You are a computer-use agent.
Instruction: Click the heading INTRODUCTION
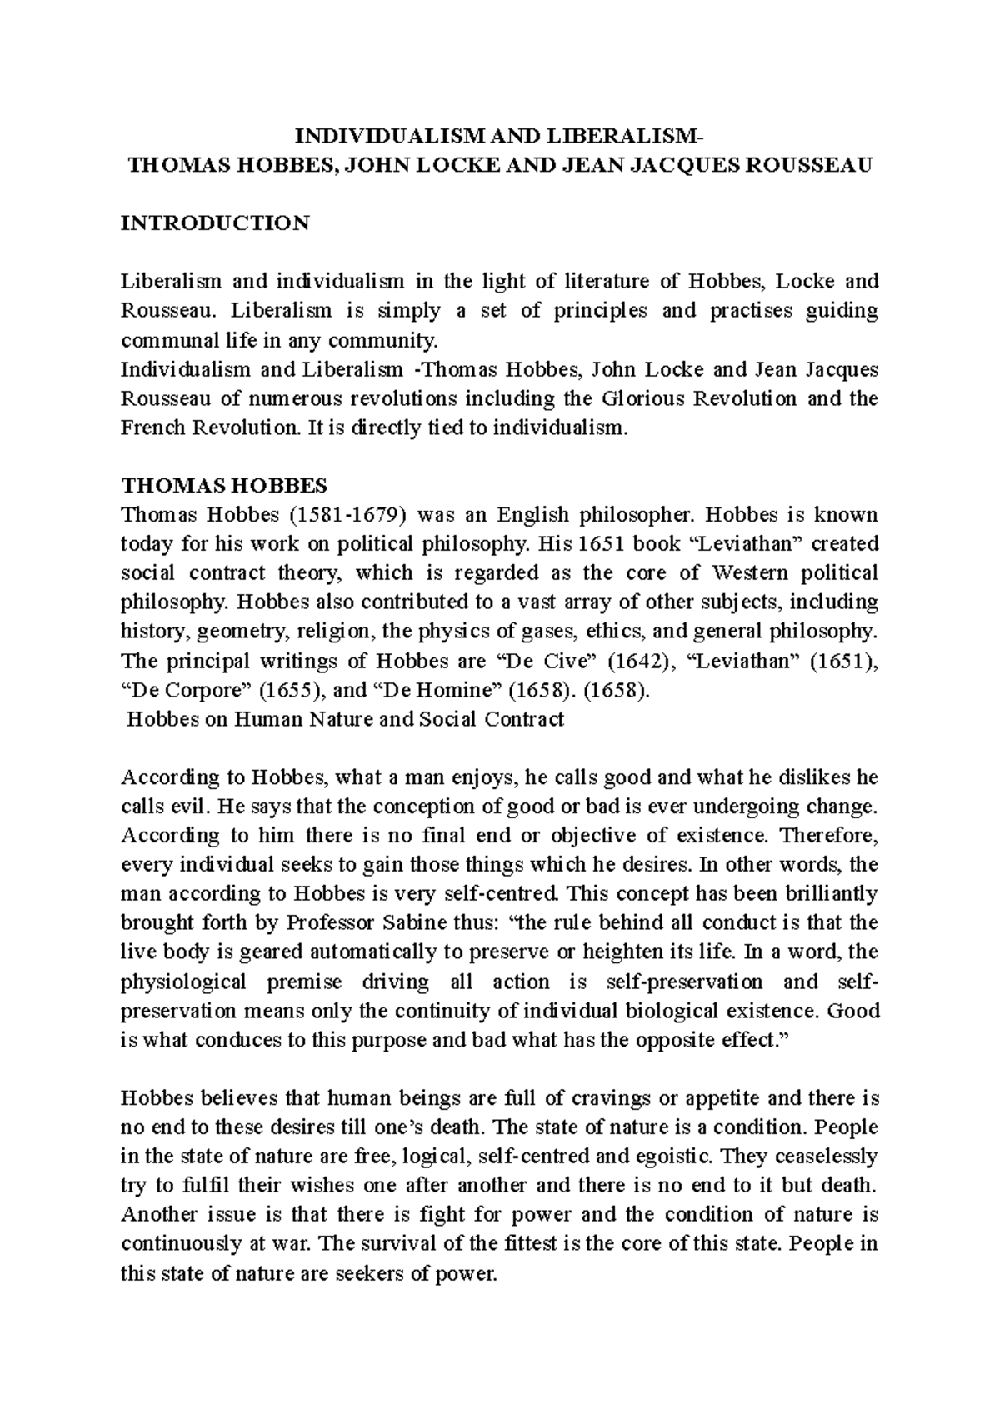(x=215, y=223)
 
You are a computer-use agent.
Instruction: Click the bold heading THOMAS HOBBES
(x=224, y=485)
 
